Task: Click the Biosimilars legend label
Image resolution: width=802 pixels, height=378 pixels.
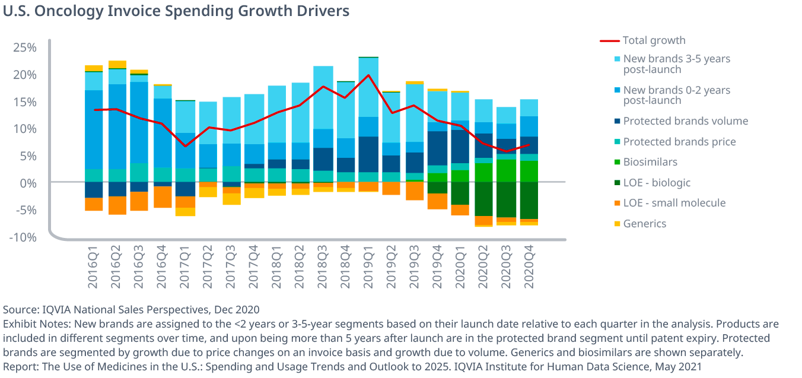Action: (x=650, y=162)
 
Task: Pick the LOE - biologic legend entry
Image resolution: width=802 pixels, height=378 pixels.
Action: (x=657, y=183)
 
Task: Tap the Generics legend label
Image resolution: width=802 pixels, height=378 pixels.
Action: (x=645, y=224)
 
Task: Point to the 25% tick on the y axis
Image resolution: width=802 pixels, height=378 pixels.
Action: (x=25, y=47)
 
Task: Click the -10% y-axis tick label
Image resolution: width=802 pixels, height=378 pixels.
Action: (x=23, y=237)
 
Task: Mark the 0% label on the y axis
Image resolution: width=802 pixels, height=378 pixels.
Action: (x=28, y=183)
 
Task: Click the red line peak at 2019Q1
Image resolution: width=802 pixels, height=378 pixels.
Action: (x=368, y=75)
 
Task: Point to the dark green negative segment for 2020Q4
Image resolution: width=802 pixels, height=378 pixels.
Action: (x=529, y=201)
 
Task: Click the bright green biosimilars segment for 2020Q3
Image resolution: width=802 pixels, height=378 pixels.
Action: (x=506, y=170)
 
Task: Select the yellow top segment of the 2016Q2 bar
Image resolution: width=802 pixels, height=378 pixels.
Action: (x=117, y=64)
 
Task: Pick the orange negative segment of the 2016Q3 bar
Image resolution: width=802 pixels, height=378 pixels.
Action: (x=139, y=201)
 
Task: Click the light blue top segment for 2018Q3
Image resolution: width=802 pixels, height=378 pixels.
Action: (x=323, y=97)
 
